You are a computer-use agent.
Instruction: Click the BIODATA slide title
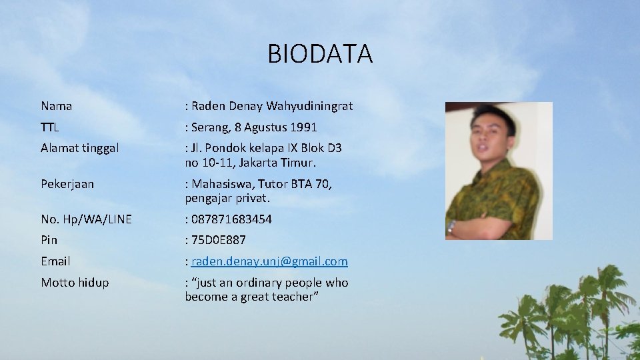pos(320,54)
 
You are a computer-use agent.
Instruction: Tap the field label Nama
pos(57,106)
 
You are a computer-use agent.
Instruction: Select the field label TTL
pos(50,127)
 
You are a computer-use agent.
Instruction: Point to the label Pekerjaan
pos(67,184)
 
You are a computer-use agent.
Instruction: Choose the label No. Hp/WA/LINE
pos(86,219)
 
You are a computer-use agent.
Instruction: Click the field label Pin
pos(49,240)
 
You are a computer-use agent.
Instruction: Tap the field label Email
pos(55,261)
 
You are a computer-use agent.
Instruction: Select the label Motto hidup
pos(75,283)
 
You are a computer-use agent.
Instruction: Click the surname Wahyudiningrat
pos(309,106)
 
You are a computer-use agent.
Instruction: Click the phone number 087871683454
pos(231,219)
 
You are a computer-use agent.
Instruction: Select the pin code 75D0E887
pos(219,240)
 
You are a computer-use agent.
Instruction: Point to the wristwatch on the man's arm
pos(452,227)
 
